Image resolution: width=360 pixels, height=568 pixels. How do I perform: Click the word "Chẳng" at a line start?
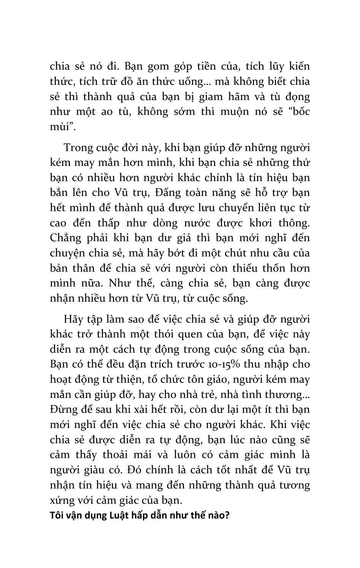[x=65, y=238]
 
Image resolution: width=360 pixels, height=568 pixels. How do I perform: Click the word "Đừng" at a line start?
[x=63, y=410]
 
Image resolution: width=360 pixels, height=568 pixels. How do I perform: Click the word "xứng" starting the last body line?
[x=61, y=500]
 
